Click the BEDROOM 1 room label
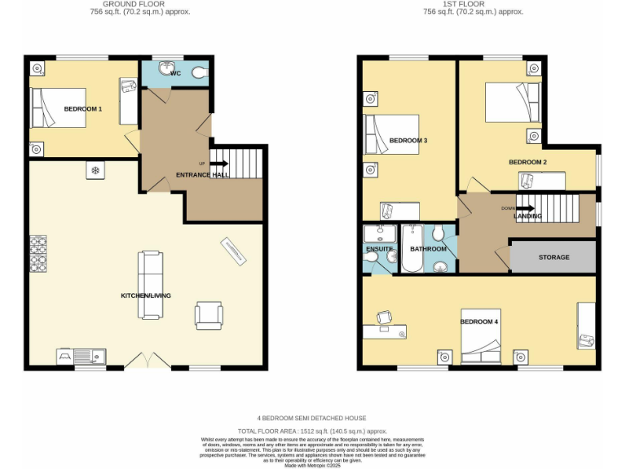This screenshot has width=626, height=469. point(83,108)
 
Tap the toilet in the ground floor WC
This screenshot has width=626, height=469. point(199,73)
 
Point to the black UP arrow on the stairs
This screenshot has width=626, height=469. point(220,164)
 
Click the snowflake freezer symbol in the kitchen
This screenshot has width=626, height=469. point(95,171)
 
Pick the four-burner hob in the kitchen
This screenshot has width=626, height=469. point(38,254)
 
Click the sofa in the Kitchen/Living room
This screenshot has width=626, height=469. point(149,274)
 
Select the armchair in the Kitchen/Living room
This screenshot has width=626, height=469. point(208,315)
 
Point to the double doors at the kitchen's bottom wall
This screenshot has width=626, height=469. point(148,361)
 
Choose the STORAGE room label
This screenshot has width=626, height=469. point(553,257)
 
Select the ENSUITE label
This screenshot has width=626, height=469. point(380,248)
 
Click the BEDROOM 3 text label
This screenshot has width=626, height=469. point(408,141)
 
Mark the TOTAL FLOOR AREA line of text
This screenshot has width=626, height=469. point(312,430)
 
